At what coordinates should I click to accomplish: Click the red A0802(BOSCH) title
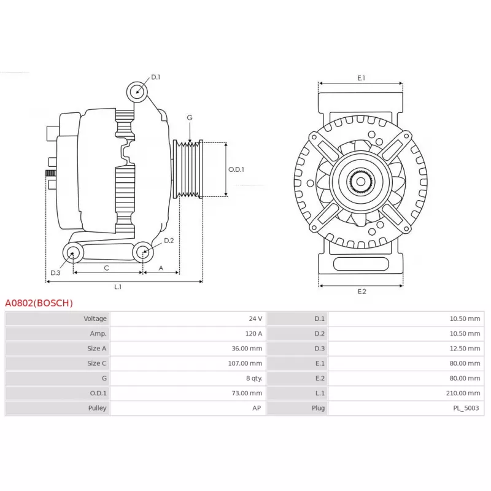(x=39, y=303)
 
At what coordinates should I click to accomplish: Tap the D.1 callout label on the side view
(x=155, y=77)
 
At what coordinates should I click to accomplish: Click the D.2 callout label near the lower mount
(x=169, y=240)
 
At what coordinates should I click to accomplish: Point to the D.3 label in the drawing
(x=55, y=273)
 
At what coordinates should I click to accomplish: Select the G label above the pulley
(x=190, y=117)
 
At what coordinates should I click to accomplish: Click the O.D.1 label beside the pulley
(x=236, y=169)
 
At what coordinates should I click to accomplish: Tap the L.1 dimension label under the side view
(x=118, y=287)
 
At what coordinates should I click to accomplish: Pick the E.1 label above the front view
(x=361, y=78)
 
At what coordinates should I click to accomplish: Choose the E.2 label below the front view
(x=361, y=291)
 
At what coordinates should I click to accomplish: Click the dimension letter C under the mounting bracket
(x=106, y=268)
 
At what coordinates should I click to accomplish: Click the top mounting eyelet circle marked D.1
(x=137, y=92)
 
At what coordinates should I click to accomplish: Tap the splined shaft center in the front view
(x=360, y=181)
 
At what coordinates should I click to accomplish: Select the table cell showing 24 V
(x=255, y=319)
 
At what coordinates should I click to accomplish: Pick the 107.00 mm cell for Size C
(x=249, y=363)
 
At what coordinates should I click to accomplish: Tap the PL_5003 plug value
(x=468, y=408)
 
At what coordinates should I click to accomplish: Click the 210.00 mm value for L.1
(x=465, y=393)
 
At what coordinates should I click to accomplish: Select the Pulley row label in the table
(x=97, y=408)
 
